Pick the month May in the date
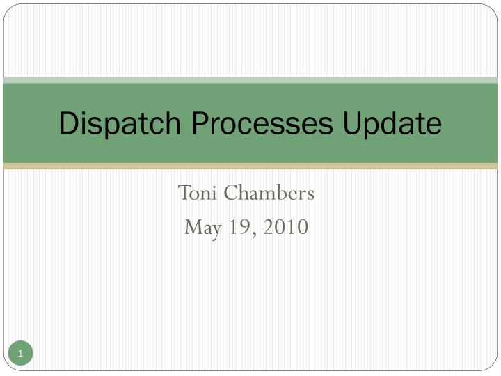coord(200,227)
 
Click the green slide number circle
coord(21,354)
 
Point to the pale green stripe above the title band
coord(250,80)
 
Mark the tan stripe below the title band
coord(250,166)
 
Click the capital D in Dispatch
coord(68,123)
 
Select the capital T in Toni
coord(184,193)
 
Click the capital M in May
coord(192,227)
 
